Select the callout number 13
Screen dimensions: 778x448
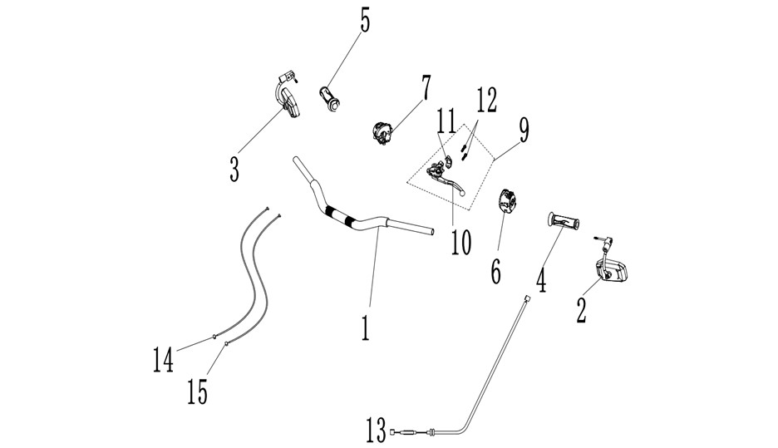[376, 430]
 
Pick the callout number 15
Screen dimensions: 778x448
[198, 391]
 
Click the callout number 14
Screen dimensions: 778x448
[163, 359]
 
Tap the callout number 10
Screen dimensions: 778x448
[461, 242]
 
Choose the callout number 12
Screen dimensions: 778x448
[486, 100]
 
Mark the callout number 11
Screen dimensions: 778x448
[446, 121]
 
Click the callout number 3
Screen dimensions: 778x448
[234, 169]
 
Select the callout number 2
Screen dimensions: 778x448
[581, 310]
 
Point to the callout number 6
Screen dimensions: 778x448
[495, 272]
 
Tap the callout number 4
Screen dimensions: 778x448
[541, 280]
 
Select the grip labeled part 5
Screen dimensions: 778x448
[329, 98]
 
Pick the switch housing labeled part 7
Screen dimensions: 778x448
[382, 133]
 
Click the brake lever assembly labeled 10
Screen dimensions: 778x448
[446, 180]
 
